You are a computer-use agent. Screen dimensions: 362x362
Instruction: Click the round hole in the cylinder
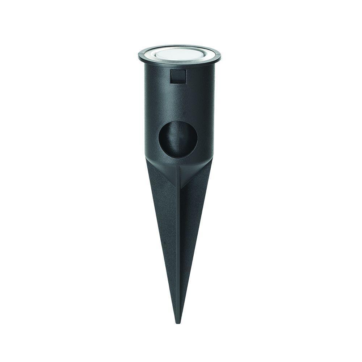click(177, 140)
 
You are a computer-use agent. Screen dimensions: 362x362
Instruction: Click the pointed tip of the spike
click(177, 321)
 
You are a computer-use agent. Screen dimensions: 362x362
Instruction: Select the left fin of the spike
click(161, 203)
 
